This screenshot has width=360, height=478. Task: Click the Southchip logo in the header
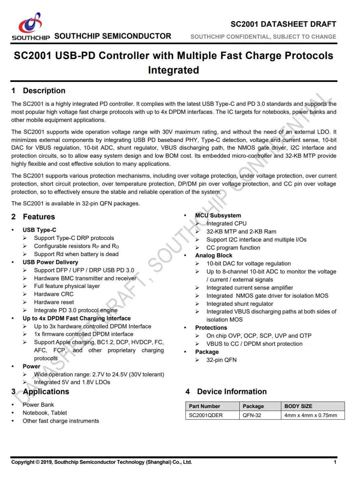pyautogui.click(x=31, y=27)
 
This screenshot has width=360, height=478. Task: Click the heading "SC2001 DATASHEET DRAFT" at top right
pyautogui.click(x=283, y=24)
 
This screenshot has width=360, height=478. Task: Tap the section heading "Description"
pyautogui.click(x=44, y=91)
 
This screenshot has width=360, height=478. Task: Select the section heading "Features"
pyautogui.click(x=39, y=217)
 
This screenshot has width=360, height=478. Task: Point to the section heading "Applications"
pyautogui.click(x=46, y=392)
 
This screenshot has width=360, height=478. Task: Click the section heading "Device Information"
pyautogui.click(x=232, y=392)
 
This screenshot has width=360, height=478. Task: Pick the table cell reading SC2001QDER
pyautogui.click(x=206, y=415)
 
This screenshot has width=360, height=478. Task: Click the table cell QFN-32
pyautogui.click(x=252, y=415)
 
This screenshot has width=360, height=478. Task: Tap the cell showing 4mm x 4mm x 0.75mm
pyautogui.click(x=311, y=415)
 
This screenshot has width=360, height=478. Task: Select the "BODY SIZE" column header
pyautogui.click(x=298, y=406)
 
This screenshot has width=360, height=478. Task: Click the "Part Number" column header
pyautogui.click(x=204, y=406)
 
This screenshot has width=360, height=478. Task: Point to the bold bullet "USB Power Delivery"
pyautogui.click(x=50, y=262)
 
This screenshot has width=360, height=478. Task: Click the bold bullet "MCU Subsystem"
pyautogui.click(x=218, y=216)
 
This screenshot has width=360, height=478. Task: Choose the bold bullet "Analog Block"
pyautogui.click(x=214, y=256)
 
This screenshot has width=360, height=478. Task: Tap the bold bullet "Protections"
pyautogui.click(x=211, y=328)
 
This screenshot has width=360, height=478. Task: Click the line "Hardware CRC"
pyautogui.click(x=54, y=294)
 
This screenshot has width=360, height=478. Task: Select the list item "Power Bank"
pyautogui.click(x=38, y=405)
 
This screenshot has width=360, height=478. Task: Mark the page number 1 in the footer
pyautogui.click(x=335, y=462)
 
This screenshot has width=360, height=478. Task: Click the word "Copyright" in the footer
pyautogui.click(x=23, y=462)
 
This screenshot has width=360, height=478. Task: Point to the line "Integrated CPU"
pyautogui.click(x=227, y=224)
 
